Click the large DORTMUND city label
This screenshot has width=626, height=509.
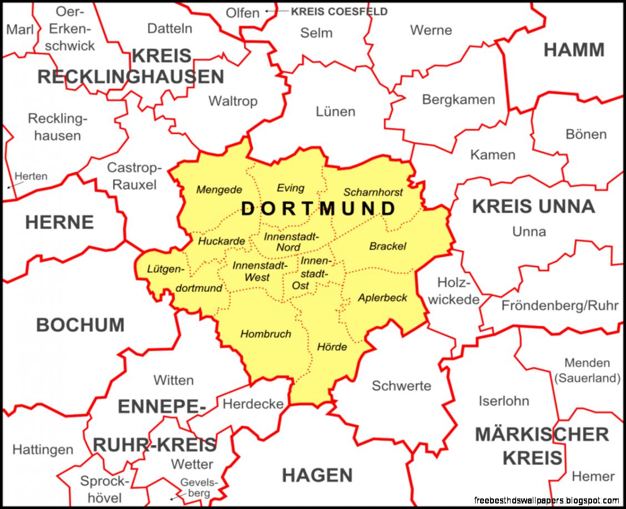[319, 208]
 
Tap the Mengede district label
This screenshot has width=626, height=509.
[219, 190]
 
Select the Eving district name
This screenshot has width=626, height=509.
[290, 188]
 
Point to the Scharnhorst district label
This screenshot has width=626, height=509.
[373, 192]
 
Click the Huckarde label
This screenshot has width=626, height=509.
[221, 241]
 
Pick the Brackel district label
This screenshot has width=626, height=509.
[387, 246]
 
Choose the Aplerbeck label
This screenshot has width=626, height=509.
[382, 298]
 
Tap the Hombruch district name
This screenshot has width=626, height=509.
[265, 334]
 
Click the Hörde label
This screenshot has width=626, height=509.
[332, 347]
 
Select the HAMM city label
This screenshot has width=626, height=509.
[574, 50]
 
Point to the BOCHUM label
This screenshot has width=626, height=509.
[80, 325]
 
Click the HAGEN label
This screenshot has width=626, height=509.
[317, 475]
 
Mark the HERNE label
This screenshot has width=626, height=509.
[59, 222]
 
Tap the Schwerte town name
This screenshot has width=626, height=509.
[401, 386]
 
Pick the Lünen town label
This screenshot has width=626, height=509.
[335, 111]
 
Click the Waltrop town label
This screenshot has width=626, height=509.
[233, 101]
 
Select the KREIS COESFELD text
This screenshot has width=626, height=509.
[339, 12]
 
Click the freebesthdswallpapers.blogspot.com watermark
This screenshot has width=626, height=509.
[547, 500]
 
